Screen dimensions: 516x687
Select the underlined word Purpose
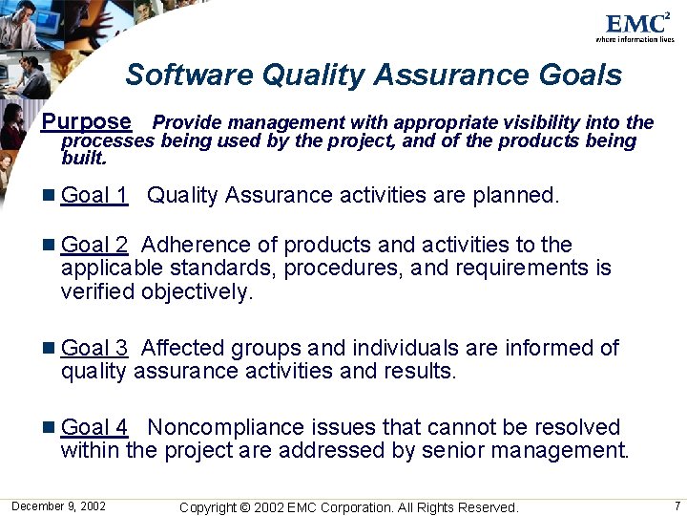click(87, 121)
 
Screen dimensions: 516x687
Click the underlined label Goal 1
click(94, 196)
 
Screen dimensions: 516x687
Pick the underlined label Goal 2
click(94, 245)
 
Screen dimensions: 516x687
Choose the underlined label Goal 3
click(94, 348)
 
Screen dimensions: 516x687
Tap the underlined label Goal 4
click(94, 427)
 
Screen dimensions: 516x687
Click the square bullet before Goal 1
click(50, 197)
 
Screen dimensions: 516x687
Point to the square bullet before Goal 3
click(50, 349)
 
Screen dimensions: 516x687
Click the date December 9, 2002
click(58, 505)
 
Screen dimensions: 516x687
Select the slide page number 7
click(677, 505)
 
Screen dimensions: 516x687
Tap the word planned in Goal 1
click(514, 196)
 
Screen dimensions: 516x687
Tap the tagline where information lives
click(635, 39)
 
